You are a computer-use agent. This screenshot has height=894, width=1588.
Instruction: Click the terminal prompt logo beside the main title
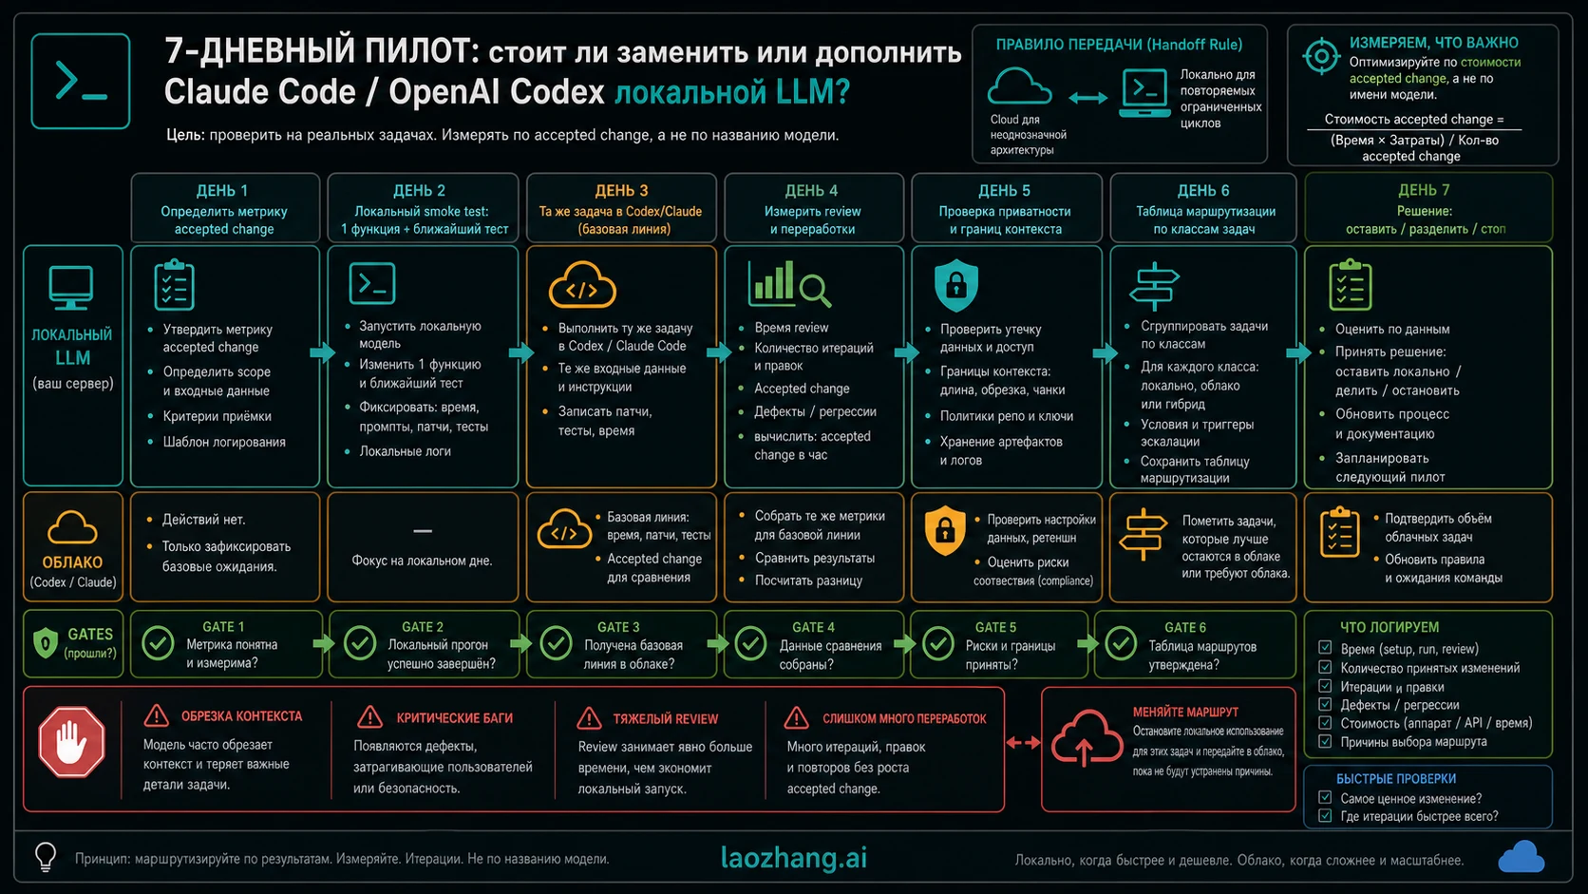pyautogui.click(x=80, y=81)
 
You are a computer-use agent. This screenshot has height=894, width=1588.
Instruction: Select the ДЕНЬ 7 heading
pyautogui.click(x=1424, y=190)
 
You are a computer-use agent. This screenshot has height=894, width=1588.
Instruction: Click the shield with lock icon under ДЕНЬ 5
pyautogui.click(x=956, y=285)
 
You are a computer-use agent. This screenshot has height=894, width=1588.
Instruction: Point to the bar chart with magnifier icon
pyautogui.click(x=789, y=284)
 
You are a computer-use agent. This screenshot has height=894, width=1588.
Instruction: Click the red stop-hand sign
pyautogui.click(x=71, y=742)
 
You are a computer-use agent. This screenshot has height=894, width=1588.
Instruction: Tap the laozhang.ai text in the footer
pyautogui.click(x=793, y=858)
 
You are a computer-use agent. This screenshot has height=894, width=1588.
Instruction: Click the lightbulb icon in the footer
pyautogui.click(x=47, y=856)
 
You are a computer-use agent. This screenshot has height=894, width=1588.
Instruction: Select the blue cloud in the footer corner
pyautogui.click(x=1521, y=856)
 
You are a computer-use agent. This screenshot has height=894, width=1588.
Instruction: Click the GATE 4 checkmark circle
pyautogui.click(x=750, y=644)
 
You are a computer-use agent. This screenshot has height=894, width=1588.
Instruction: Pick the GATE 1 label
pyautogui.click(x=223, y=627)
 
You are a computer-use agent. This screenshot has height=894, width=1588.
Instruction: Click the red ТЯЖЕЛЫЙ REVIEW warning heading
pyautogui.click(x=665, y=719)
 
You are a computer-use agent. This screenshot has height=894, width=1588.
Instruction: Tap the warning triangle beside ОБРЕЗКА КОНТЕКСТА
pyautogui.click(x=156, y=716)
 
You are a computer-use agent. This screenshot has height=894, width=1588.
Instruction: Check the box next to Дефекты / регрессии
pyautogui.click(x=1324, y=705)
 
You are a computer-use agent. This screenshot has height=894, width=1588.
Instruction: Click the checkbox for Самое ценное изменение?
pyautogui.click(x=1324, y=798)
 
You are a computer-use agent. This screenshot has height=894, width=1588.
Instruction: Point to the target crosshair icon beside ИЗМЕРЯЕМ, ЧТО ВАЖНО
pyautogui.click(x=1321, y=56)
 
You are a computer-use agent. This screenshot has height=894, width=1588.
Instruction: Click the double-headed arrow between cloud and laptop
pyautogui.click(x=1087, y=98)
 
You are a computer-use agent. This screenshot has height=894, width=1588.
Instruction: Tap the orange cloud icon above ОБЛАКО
pyautogui.click(x=71, y=528)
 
